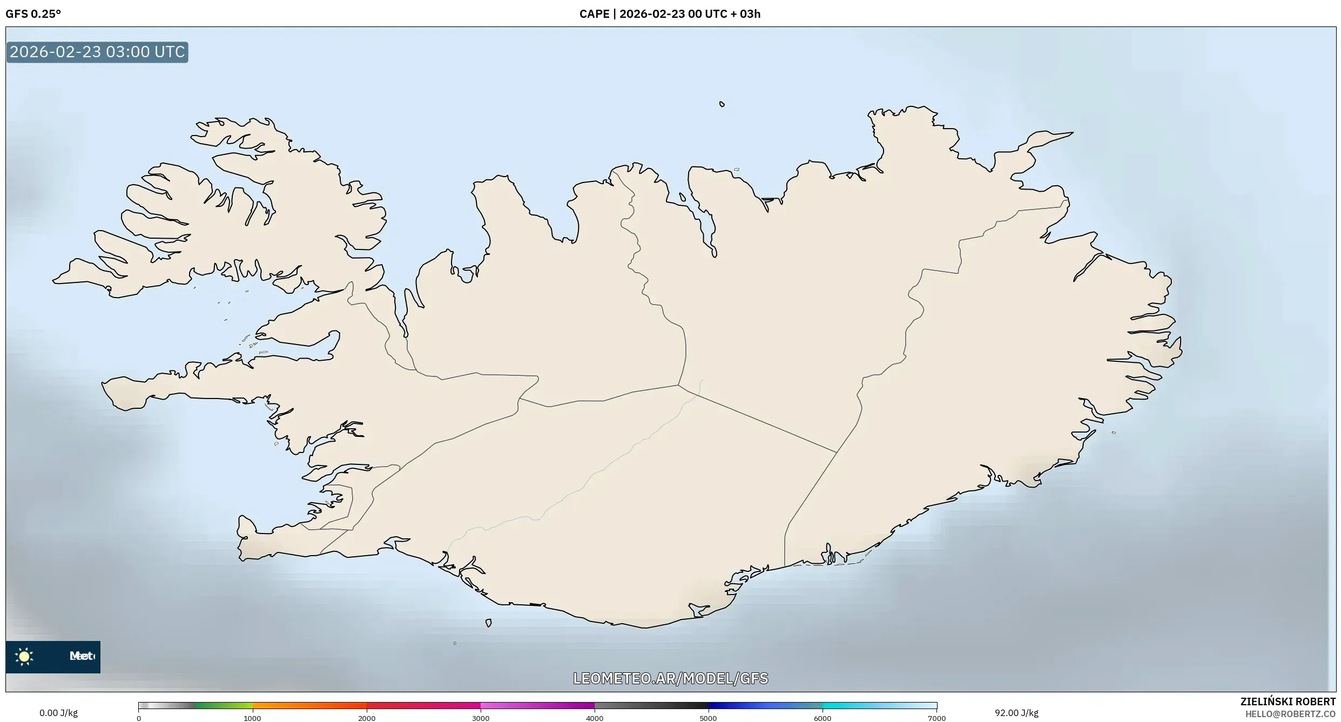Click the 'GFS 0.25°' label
tap(33, 14)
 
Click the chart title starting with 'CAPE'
tap(670, 14)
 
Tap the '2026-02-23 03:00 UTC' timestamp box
tap(97, 52)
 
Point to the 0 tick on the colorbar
tap(139, 718)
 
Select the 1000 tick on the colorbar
tap(252, 718)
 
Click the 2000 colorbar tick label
tap(367, 718)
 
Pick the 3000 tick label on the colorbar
tap(481, 718)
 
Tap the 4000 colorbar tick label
tap(595, 718)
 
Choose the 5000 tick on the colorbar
tap(709, 718)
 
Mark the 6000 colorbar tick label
tap(823, 718)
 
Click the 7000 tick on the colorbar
tap(936, 718)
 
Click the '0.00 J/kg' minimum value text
tap(58, 713)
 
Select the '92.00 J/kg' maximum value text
tap(1016, 713)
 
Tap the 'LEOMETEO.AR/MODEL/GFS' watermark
tap(670, 678)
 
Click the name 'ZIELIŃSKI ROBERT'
tap(1288, 701)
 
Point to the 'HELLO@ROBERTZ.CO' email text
tap(1290, 714)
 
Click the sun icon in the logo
tap(24, 656)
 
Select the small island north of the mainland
tap(722, 104)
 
